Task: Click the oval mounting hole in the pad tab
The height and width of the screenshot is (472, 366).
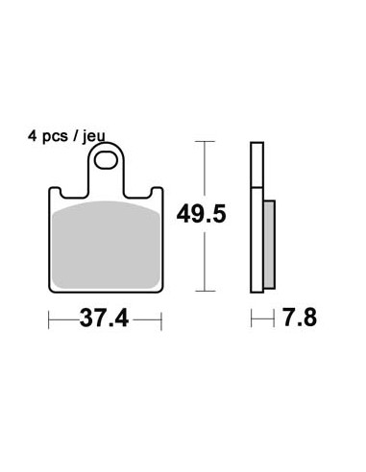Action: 106,160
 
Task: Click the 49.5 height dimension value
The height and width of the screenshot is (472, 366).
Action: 201,214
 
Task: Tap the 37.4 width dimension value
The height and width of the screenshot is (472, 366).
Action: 104,319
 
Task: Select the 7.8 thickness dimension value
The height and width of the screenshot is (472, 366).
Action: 300,318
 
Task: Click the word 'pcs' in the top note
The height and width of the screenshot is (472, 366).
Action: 55,137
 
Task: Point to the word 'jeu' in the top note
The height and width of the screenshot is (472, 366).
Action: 94,137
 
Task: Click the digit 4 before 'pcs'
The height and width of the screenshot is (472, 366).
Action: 32,136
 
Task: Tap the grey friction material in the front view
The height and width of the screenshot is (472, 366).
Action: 106,245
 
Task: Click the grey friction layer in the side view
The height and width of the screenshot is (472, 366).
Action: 269,245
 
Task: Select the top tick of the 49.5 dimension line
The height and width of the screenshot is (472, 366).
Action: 205,141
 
